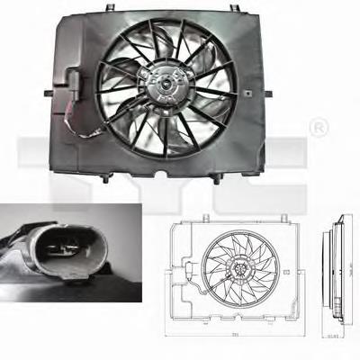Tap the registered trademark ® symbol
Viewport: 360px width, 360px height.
[318, 130]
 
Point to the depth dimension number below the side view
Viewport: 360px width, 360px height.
[333, 337]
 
